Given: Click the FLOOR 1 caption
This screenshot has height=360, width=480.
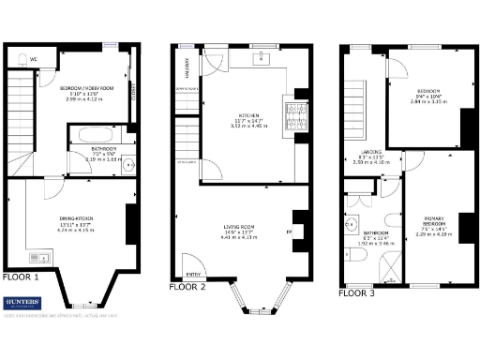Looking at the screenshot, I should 21,277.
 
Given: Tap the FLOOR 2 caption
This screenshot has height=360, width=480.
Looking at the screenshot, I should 187,287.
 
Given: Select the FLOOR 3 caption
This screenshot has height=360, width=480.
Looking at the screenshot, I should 355,292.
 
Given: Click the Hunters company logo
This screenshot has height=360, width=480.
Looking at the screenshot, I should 22,303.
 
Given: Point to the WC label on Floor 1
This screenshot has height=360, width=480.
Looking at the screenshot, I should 34,58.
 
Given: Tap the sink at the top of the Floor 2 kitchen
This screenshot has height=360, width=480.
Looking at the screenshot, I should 262,57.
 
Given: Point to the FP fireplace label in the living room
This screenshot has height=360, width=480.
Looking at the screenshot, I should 289,230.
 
